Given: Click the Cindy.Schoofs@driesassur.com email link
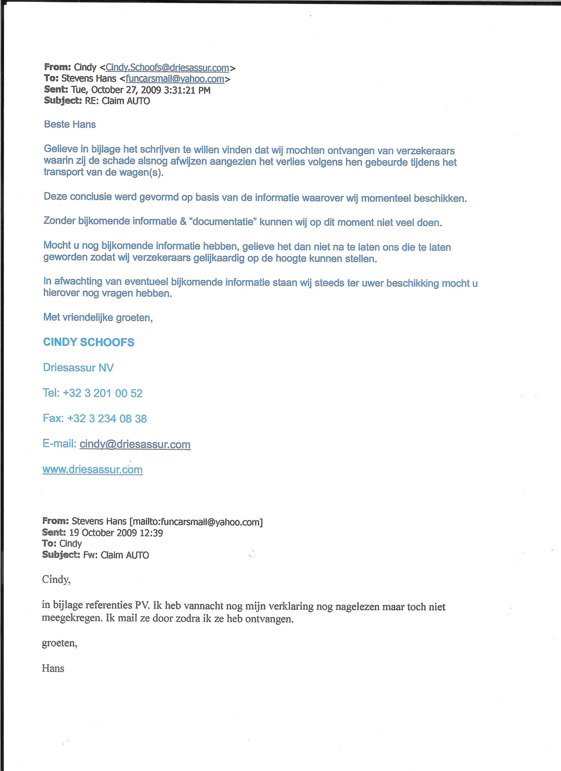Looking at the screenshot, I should coord(167,68).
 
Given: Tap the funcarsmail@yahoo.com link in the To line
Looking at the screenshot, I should coord(175,79).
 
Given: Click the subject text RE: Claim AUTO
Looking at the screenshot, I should coord(117,101).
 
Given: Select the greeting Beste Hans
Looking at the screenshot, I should coord(70,124).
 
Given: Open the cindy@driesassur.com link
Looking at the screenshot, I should coord(135,444).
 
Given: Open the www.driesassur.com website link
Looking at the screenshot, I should coord(92,470).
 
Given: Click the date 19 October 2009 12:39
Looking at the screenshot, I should coord(116,533).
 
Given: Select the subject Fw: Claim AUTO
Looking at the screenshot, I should coord(116,555).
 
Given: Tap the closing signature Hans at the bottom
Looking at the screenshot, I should coord(53,668).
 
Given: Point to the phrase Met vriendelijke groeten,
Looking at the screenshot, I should coord(98,317).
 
